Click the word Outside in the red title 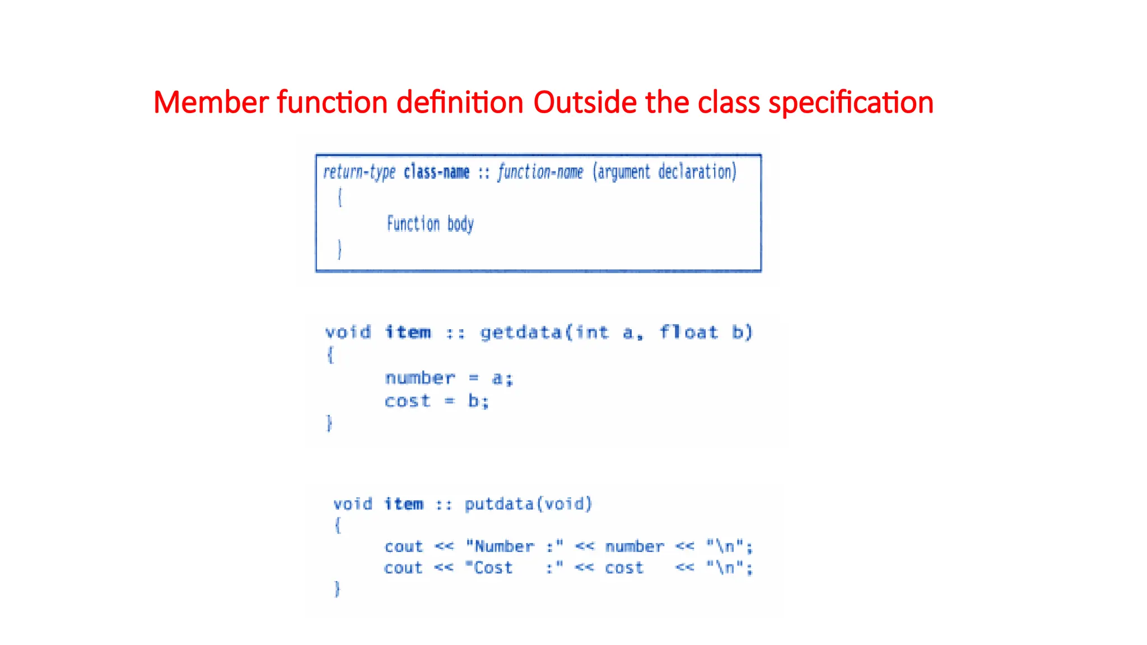click(585, 102)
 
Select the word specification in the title click(851, 104)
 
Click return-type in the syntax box click(359, 172)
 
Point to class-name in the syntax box click(436, 172)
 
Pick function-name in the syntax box click(540, 172)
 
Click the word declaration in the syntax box click(697, 172)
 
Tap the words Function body click(430, 224)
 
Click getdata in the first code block click(521, 333)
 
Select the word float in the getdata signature click(688, 333)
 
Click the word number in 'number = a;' click(420, 378)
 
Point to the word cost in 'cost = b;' click(407, 401)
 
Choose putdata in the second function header click(499, 504)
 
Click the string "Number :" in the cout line click(514, 546)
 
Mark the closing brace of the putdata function click(337, 589)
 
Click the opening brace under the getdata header click(330, 355)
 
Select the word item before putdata click(403, 504)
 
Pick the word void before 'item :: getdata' click(348, 333)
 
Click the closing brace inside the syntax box click(339, 249)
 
